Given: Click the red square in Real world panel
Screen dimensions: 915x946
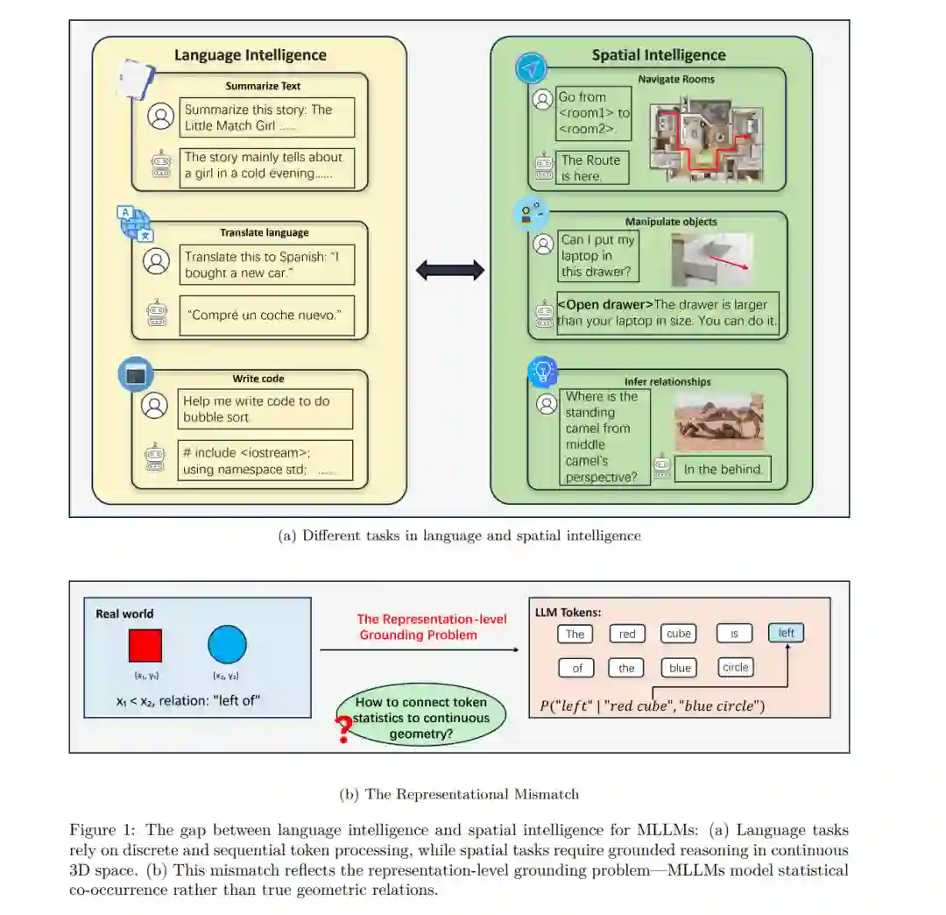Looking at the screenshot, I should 145,645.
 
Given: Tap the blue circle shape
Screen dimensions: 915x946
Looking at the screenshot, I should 228,645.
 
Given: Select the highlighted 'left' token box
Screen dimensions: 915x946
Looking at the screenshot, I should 786,633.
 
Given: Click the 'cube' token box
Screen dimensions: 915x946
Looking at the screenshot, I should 678,634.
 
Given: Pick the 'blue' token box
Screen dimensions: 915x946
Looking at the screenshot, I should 680,668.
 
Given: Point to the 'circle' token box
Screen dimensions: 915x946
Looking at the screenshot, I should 736,668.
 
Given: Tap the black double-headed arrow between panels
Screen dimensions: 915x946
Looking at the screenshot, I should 449,270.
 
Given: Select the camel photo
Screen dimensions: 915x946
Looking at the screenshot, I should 719,422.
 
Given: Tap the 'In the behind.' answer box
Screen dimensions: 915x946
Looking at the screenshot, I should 723,469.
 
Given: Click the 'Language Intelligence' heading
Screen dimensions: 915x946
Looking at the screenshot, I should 250,55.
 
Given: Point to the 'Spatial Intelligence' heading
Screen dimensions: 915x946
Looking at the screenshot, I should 659,55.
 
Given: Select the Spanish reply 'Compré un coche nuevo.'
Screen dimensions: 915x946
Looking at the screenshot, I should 266,316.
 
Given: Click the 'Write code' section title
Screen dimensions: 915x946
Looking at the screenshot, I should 258,379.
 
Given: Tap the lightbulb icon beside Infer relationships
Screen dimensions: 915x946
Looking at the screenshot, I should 543,372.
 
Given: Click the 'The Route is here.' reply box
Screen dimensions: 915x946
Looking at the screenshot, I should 593,167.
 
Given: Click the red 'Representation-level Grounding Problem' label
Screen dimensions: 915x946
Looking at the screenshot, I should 431,627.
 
